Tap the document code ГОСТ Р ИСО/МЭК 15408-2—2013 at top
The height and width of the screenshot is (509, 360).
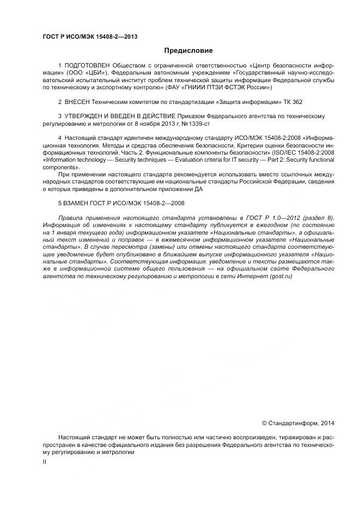pyautogui.click(x=89, y=36)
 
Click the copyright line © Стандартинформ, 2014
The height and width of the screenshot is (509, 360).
pyautogui.click(x=298, y=422)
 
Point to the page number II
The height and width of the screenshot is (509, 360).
pyautogui.click(x=44, y=462)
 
